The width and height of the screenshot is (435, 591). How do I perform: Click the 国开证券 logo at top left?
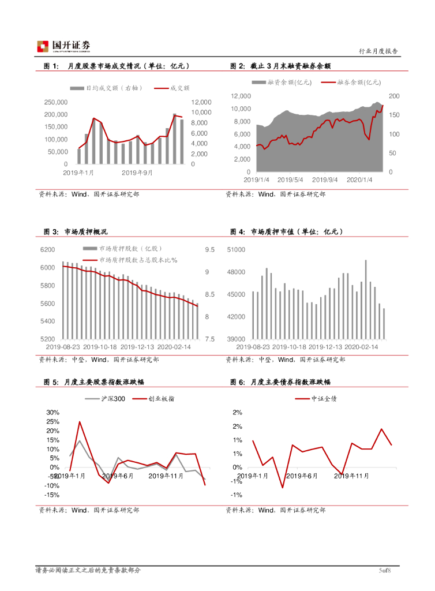pos(63,46)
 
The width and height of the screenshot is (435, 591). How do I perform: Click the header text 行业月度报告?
pos(378,51)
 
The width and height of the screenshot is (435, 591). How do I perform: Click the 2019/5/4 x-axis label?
pos(292,179)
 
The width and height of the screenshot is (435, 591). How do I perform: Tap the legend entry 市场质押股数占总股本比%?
pos(138,260)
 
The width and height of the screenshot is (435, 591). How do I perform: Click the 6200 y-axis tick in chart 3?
pos(47,250)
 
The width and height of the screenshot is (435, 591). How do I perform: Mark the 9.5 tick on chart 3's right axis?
pos(209,250)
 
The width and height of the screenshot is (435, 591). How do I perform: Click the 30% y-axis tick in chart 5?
pos(53,413)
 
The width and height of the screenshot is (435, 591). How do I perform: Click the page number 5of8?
pos(385,571)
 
